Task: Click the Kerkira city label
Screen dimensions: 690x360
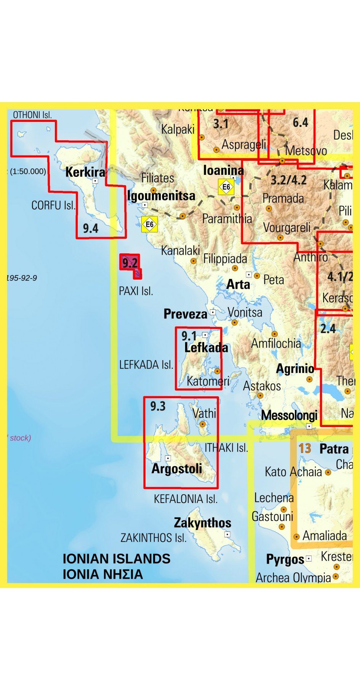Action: pos(85,172)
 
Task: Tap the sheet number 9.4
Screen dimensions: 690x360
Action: pos(91,228)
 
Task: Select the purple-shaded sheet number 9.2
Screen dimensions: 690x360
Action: pos(130,263)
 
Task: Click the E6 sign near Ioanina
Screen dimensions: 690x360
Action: pos(226,187)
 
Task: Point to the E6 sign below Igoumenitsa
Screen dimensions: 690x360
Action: pos(149,224)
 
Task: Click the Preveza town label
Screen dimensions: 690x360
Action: pos(186,314)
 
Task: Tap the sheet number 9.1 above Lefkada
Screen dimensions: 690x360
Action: pos(189,336)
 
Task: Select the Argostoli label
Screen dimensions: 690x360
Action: pos(177,468)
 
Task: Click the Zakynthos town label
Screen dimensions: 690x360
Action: pos(202,523)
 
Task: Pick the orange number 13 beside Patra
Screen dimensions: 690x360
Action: pos(305,448)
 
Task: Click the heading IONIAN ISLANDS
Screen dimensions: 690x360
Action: pos(117,559)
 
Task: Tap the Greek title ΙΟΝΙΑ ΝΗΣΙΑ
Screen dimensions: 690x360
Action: pos(103,574)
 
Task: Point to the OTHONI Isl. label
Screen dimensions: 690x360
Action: pos(32,115)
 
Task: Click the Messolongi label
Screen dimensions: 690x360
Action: pos(289,415)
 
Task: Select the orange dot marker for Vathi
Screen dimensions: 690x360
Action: pos(203,424)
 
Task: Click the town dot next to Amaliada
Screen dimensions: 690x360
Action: pos(296,536)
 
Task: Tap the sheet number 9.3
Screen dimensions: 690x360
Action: pos(158,406)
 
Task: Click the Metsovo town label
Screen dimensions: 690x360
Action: pos(306,150)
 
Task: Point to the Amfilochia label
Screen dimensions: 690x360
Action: pos(276,344)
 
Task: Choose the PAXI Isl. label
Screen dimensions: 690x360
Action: pos(136,291)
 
